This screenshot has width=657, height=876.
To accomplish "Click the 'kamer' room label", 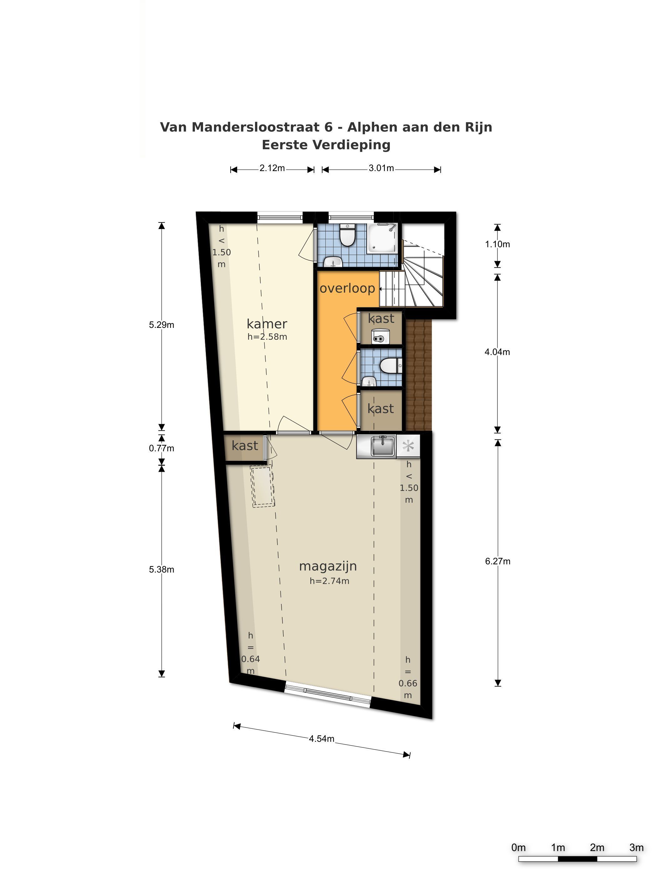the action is coord(267,324).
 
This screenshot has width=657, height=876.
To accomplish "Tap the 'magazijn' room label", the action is coord(328,566).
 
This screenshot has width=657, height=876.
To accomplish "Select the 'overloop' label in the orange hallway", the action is coord(347,288).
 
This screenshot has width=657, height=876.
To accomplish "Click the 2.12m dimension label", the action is coord(272,168).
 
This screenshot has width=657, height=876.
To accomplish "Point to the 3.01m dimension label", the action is coord(381,168).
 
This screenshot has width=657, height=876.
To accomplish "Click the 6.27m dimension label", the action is coord(497,561).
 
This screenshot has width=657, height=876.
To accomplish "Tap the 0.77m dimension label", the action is coord(161,448).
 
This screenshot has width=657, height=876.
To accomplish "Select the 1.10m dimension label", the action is coord(497,244).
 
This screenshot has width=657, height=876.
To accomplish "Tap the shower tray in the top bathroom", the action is coord(382,237).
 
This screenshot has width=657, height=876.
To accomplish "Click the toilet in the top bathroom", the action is coord(348,235).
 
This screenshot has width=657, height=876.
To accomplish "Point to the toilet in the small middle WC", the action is coord(390,365).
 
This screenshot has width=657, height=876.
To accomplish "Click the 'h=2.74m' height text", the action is coord(329,581).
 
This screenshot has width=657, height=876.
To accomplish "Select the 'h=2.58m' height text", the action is coord(267,337).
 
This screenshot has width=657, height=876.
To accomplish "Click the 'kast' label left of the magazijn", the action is coord(245,446).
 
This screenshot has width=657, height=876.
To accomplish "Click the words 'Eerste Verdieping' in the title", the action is coord(326,145).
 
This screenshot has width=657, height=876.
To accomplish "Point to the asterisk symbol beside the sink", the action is coord(408,446).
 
